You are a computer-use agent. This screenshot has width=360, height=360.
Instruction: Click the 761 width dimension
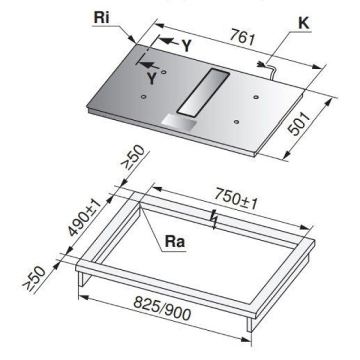click(x=242, y=37)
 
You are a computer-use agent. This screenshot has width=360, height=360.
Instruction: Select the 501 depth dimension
click(x=299, y=124)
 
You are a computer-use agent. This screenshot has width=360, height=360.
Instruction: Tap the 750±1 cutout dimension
click(x=236, y=199)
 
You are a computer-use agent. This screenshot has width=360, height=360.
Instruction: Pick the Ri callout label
click(x=101, y=17)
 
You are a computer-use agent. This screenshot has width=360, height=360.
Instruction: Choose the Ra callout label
click(x=175, y=242)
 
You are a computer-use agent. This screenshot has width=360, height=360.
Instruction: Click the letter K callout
click(x=304, y=23)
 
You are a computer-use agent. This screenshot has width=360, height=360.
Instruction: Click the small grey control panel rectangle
click(x=179, y=122)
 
